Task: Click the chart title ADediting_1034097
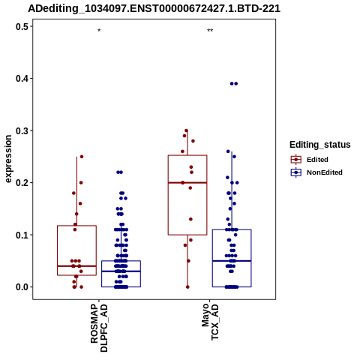coord(154,9)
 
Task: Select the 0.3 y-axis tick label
coord(22,130)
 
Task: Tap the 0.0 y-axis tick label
coord(22,287)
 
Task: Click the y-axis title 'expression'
coord(8,159)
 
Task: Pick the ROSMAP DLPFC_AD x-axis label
coord(99,328)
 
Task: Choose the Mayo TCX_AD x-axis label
coord(210,322)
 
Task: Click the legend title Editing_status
coord(320,145)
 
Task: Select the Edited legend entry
coord(310,160)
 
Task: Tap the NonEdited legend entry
coord(316,172)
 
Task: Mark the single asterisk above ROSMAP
coord(99,31)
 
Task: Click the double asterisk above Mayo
coord(210,31)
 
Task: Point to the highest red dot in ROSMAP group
coord(82,157)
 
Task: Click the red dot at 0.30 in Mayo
coord(186,130)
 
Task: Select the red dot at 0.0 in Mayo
coord(187,287)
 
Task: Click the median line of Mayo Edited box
coord(187,183)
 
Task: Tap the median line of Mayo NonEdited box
coord(232,261)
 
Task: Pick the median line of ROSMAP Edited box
coord(76,266)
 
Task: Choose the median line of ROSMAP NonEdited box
coord(121,271)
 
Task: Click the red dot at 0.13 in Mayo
coord(190,219)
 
